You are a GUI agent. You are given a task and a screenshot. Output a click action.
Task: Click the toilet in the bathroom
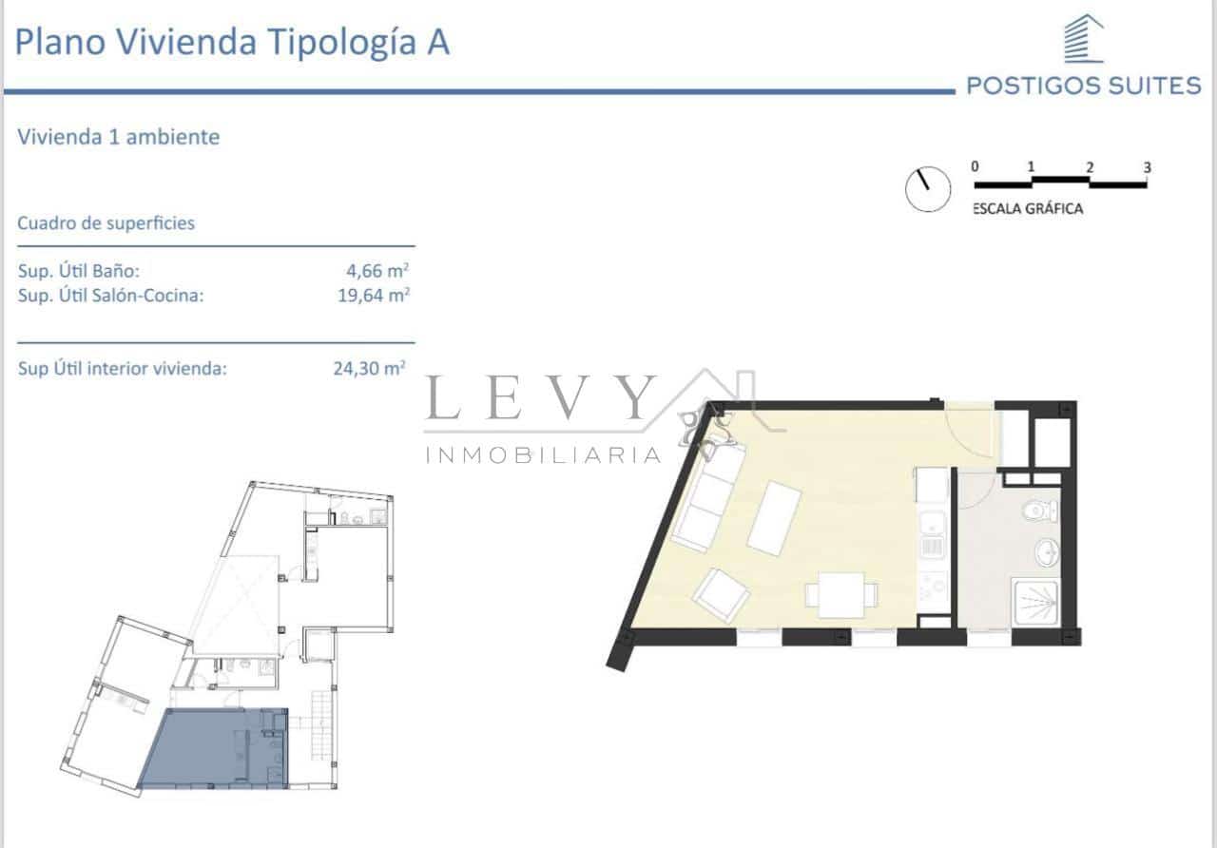[1040, 511]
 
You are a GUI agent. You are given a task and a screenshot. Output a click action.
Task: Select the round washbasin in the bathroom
[1046, 551]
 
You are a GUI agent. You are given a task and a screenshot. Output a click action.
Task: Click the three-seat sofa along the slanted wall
[706, 499]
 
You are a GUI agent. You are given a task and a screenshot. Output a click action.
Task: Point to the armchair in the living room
[721, 594]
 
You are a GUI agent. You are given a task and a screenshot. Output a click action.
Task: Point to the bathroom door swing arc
[977, 491]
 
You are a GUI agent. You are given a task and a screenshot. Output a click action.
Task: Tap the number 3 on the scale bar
[1147, 167]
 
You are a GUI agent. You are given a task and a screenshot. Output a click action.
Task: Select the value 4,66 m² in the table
[384, 271]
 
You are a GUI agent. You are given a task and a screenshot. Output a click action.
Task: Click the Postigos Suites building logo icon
[1083, 40]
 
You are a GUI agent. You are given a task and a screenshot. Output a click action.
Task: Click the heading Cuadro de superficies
[106, 223]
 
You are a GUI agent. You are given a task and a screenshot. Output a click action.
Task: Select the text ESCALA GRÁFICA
[1027, 209]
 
